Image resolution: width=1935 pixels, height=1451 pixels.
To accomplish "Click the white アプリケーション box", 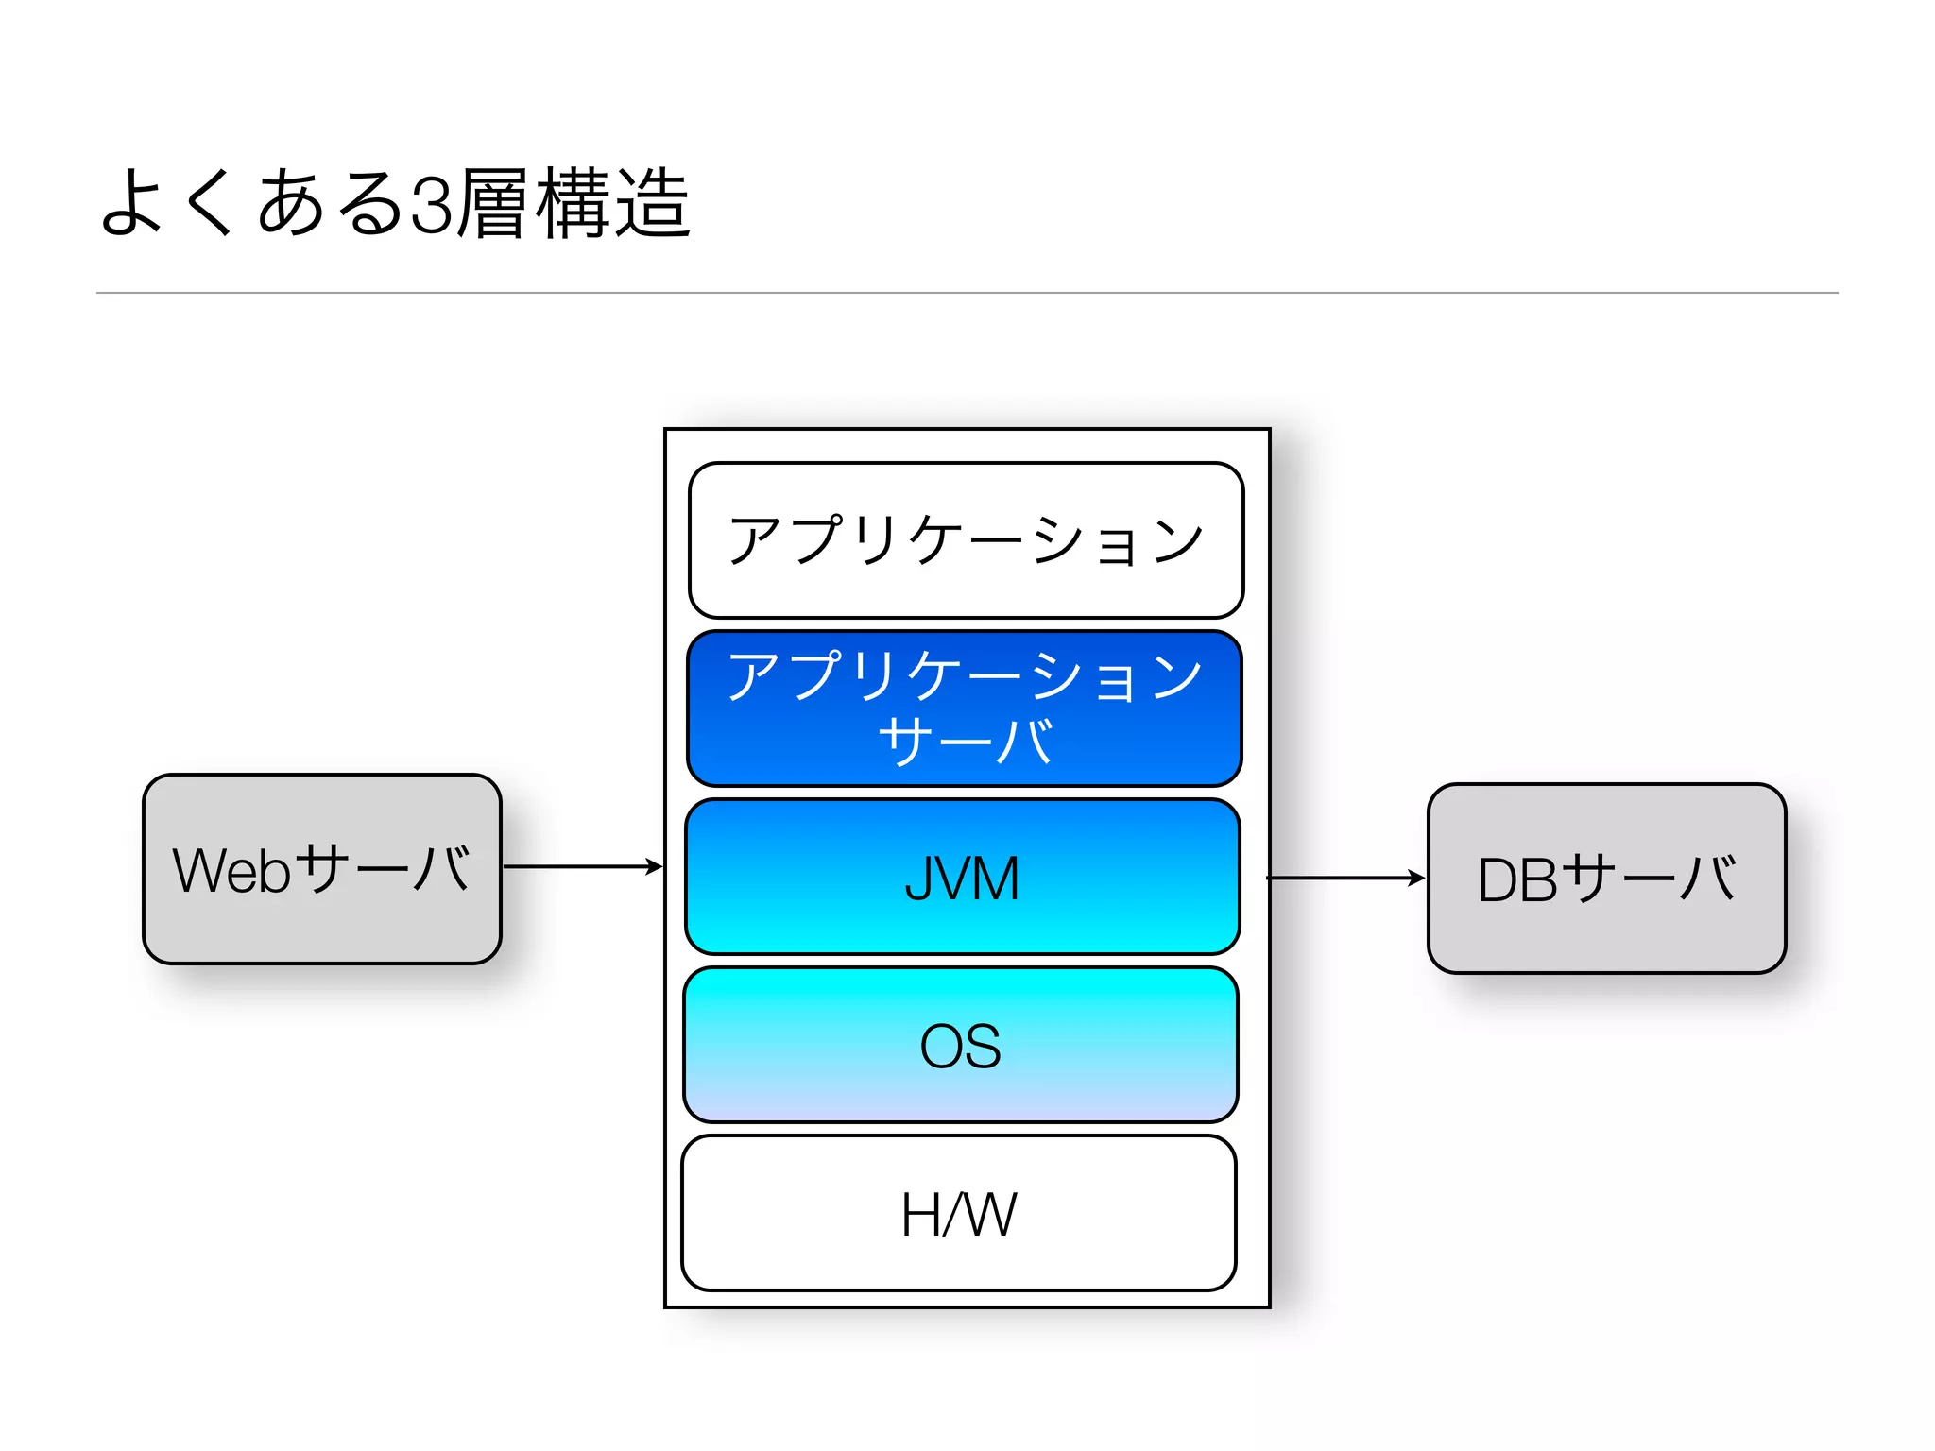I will [x=966, y=586].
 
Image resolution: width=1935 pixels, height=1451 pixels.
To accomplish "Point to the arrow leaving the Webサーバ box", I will [x=582, y=866].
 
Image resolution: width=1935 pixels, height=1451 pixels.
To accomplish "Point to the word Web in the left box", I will [x=231, y=870].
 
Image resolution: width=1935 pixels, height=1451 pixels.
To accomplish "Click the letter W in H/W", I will [x=990, y=1215].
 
